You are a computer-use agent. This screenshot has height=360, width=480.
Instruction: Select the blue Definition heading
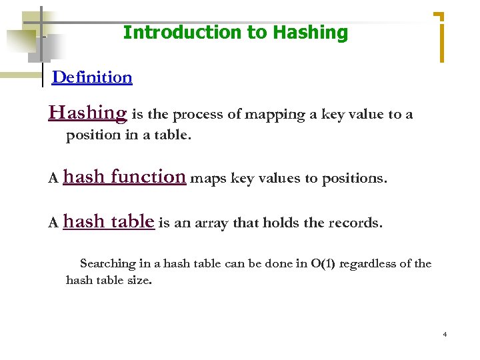click(92, 77)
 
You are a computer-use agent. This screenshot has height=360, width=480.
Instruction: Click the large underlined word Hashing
click(87, 113)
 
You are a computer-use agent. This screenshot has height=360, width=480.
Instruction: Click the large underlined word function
click(148, 177)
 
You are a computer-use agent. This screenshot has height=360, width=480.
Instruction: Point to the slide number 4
click(445, 334)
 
